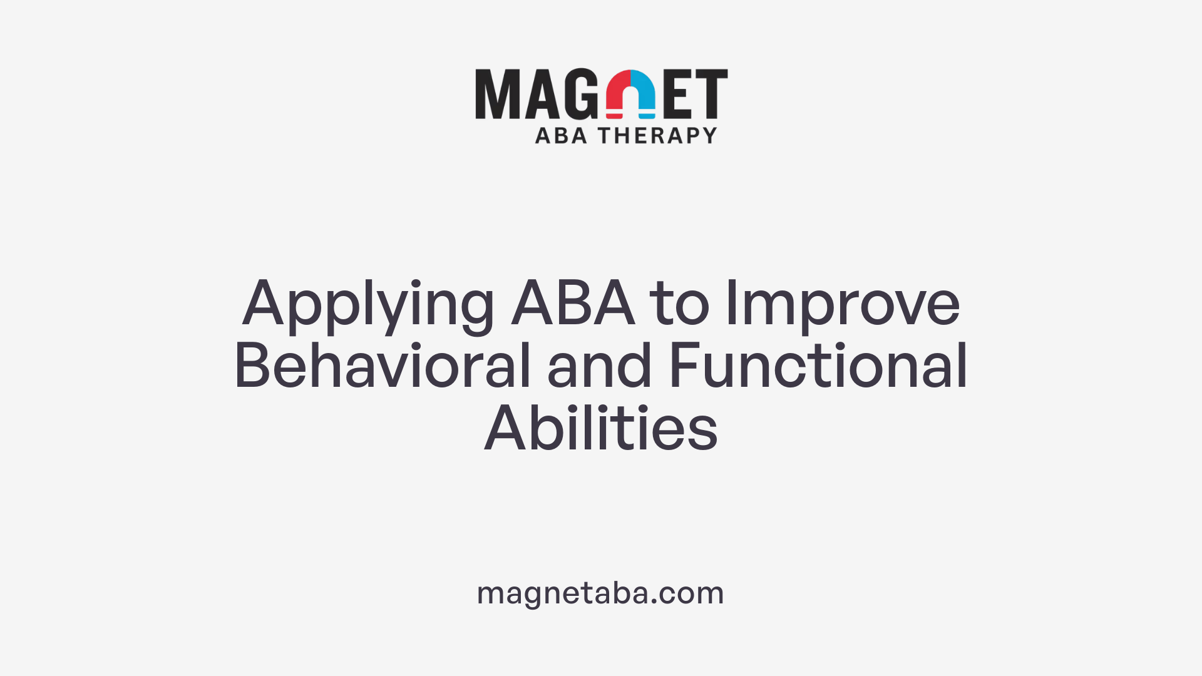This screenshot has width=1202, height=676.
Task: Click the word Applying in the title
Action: tap(368, 305)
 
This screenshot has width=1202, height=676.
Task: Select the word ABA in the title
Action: tap(573, 304)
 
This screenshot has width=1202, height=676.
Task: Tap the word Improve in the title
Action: tap(842, 305)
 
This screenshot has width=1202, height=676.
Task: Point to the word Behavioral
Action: tap(382, 366)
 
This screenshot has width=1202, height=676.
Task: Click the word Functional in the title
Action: tap(818, 366)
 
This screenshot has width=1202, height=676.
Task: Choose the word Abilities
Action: tap(601, 429)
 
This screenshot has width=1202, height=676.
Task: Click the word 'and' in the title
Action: tap(599, 366)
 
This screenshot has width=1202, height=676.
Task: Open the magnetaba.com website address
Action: tap(600, 593)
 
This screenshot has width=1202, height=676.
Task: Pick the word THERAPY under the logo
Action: tap(657, 135)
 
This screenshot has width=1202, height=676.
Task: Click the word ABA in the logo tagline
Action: tap(561, 135)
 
